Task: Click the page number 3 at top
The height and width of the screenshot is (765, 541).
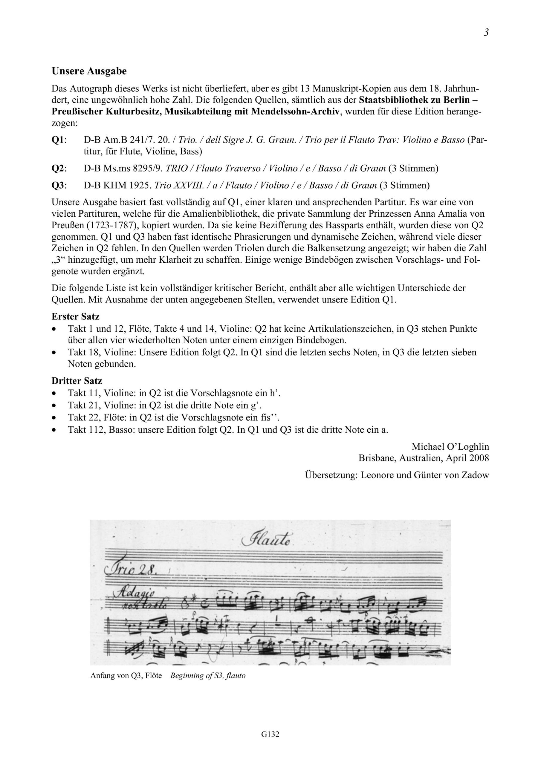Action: click(x=486, y=33)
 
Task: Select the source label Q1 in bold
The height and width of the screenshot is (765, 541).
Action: click(x=59, y=140)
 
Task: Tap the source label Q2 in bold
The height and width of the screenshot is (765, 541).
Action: click(x=59, y=169)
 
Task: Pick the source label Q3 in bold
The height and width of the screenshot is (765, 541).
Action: click(x=59, y=186)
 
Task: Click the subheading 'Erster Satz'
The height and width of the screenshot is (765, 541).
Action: click(x=76, y=316)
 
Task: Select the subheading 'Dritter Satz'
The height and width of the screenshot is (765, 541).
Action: click(x=77, y=380)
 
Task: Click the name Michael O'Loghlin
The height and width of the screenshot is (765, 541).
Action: click(x=450, y=446)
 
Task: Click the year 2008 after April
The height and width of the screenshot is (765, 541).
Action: click(x=479, y=458)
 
